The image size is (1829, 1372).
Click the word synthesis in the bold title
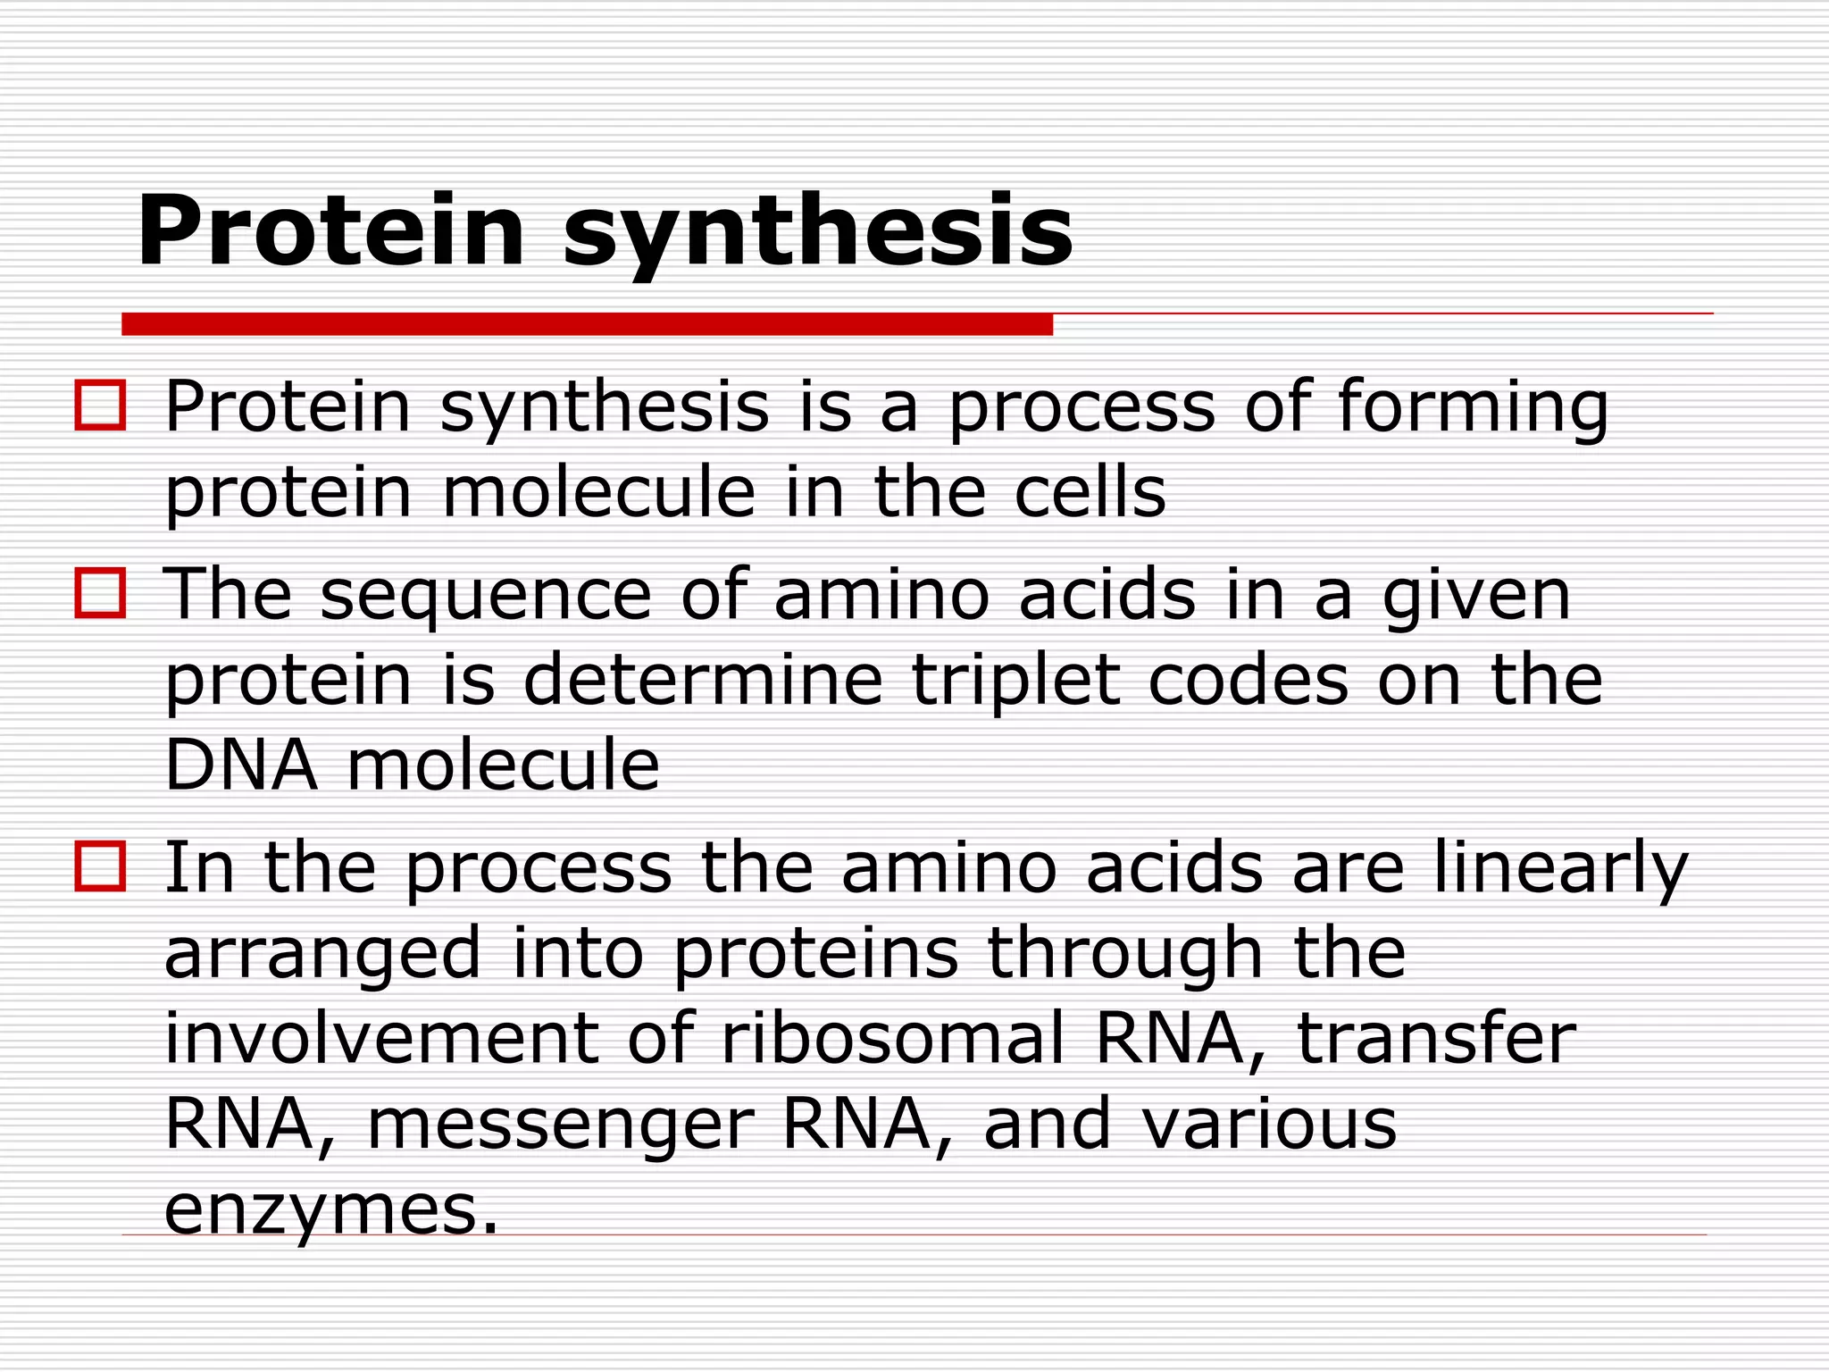817,232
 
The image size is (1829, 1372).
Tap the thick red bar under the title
587,324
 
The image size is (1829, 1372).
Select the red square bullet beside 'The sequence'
100,592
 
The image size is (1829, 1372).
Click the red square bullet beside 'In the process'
100,866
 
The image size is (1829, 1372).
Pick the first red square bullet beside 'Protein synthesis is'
100,406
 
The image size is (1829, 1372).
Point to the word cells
1090,492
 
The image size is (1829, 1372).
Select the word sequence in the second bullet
486,595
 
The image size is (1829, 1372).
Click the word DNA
241,765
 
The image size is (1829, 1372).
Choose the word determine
703,680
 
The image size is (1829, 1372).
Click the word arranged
323,954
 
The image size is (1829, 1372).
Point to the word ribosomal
892,1038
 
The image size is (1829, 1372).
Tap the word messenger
561,1125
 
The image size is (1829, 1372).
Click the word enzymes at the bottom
330,1210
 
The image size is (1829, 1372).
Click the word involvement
381,1038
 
